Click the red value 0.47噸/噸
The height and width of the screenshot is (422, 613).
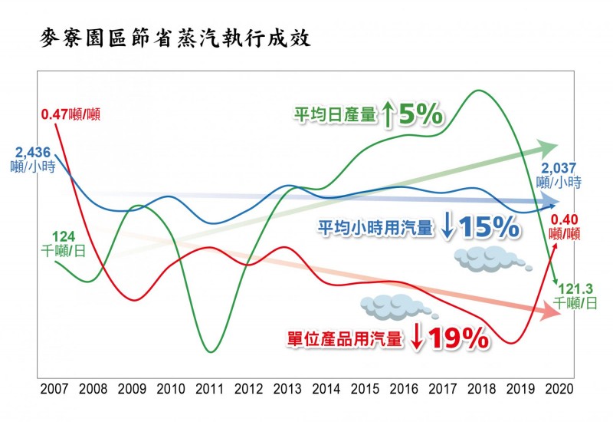coord(70,116)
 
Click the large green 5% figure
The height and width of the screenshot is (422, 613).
coord(421,115)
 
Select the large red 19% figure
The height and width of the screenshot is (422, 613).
coord(458,337)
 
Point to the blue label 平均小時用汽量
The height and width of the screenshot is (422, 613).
coord(375,226)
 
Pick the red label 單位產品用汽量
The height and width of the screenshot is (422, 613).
coord(344,338)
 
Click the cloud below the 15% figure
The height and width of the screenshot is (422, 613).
coord(490,260)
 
